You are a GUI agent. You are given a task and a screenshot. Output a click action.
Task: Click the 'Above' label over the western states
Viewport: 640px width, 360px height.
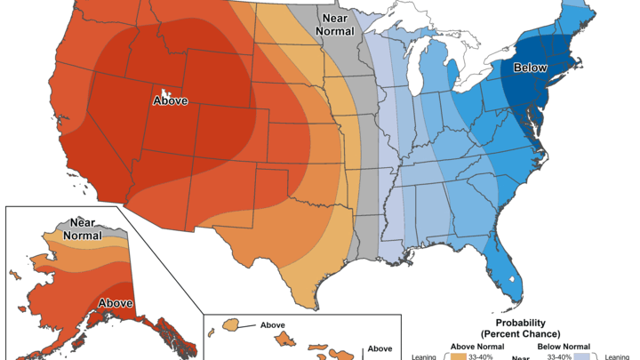click(x=171, y=100)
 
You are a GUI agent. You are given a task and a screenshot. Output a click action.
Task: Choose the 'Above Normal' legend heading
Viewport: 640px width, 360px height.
click(x=477, y=347)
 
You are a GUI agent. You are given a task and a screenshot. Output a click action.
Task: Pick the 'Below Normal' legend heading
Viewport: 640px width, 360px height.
click(x=565, y=347)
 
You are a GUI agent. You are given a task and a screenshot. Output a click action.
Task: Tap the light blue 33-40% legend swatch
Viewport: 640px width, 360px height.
click(x=580, y=356)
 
